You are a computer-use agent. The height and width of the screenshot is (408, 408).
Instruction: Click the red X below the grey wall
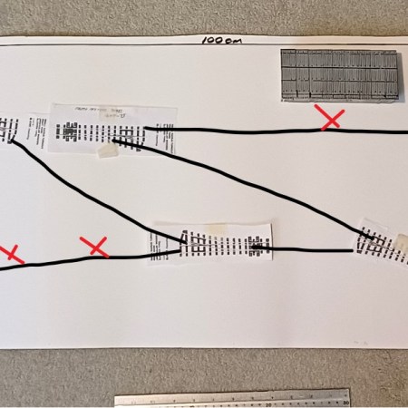(x=329, y=117)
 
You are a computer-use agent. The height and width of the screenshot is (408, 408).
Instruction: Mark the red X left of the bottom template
(x=94, y=246)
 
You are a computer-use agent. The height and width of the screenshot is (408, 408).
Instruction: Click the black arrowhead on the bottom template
(x=257, y=245)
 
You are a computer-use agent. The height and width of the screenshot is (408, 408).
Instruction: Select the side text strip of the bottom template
(x=152, y=240)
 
